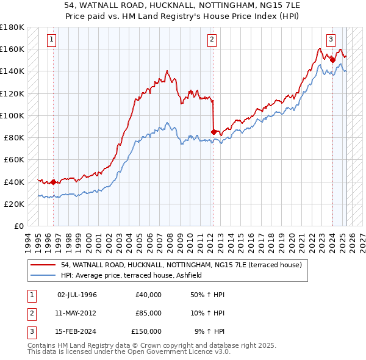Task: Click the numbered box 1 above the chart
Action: click(x=51, y=40)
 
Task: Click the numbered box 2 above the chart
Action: click(x=212, y=40)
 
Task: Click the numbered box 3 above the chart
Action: click(x=331, y=40)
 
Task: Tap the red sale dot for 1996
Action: click(x=53, y=181)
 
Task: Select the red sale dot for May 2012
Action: click(x=213, y=131)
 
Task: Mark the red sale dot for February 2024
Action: click(x=332, y=59)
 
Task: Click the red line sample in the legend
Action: click(x=44, y=265)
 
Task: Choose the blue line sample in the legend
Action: click(x=44, y=276)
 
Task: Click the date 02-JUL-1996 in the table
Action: click(x=77, y=295)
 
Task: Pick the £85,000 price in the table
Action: click(x=148, y=313)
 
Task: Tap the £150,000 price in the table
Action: click(x=146, y=331)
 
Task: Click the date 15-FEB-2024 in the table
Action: click(x=77, y=331)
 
